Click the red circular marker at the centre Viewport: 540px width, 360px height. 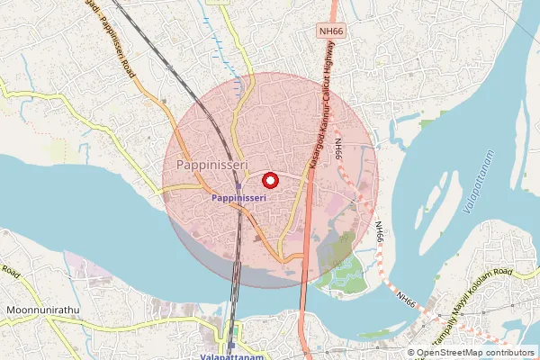coord(270,180)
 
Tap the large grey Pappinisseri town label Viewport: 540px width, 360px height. coord(207,165)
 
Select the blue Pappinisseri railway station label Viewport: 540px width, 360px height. coord(238,197)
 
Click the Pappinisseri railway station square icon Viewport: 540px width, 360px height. coord(238,187)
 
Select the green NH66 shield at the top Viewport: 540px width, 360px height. coord(331,31)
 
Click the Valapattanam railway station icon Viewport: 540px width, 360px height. coord(230,345)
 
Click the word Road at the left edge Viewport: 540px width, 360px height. coord(10,269)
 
